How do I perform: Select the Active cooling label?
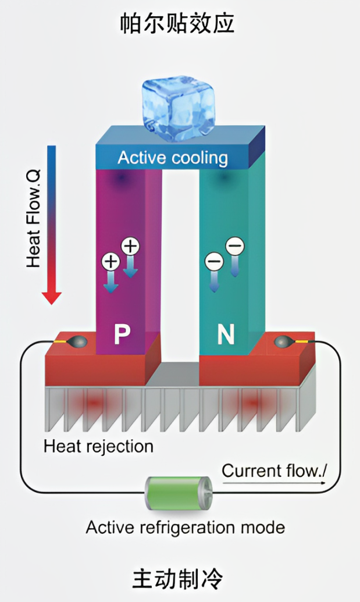tap(173, 158)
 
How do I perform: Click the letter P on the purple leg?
tap(121, 334)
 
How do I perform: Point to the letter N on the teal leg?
tap(226, 334)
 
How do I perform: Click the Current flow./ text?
tap(274, 470)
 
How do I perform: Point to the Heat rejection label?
tap(99, 446)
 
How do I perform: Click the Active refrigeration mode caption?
tap(186, 528)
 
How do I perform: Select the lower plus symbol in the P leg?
tap(111, 261)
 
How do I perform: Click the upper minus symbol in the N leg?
tap(234, 247)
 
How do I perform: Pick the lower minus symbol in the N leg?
tap(213, 262)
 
